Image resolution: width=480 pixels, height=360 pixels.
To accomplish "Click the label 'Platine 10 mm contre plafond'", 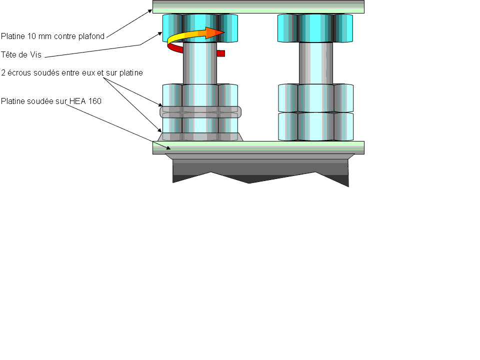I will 52,36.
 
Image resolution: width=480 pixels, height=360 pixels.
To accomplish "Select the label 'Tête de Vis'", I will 20,54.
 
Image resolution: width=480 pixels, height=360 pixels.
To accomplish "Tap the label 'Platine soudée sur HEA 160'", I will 51,101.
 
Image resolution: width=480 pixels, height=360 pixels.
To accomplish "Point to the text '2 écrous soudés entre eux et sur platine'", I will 72,73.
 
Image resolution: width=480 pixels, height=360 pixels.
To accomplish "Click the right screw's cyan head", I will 315,28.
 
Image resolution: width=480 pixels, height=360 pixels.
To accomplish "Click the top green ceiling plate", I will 258,6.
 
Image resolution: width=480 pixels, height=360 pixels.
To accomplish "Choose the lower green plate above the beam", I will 258,147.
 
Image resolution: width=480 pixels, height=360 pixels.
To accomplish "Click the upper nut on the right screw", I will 315,98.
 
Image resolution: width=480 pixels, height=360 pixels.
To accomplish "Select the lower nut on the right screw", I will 315,126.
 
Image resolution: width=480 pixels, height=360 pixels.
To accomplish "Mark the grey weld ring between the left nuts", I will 200,112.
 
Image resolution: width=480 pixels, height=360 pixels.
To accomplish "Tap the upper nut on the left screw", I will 200,95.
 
